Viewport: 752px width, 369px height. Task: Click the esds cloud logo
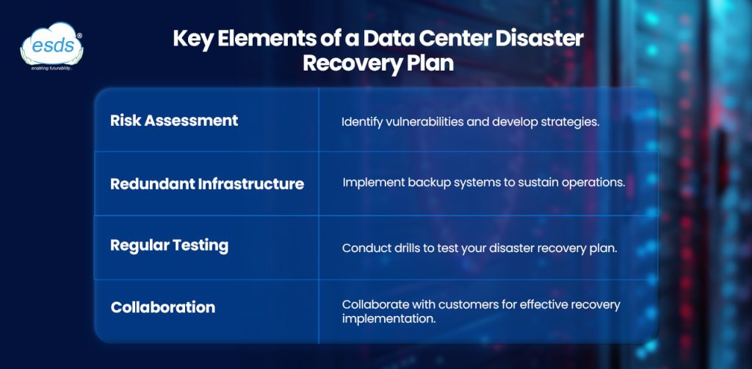point(51,44)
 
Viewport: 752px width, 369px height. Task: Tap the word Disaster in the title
point(540,39)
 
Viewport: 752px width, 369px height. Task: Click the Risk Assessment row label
point(174,120)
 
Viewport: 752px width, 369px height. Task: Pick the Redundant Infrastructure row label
point(207,184)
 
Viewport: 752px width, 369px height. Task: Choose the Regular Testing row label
point(170,246)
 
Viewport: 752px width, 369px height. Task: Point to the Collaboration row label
point(163,307)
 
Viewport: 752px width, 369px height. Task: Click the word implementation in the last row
point(389,319)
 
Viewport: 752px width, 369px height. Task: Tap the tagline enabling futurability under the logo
point(51,68)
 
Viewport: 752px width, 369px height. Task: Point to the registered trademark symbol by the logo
point(79,35)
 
